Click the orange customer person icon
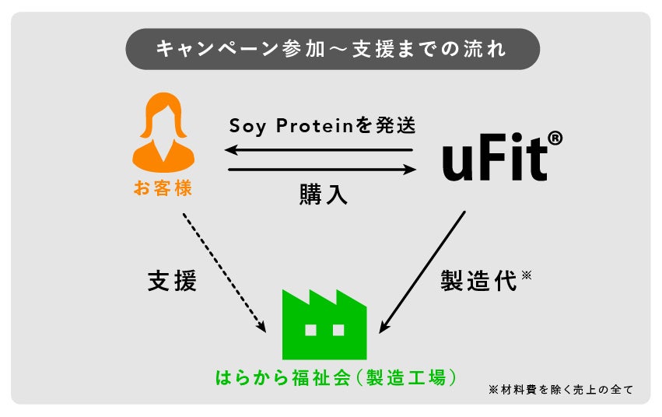pos(163,134)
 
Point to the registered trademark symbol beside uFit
pos(554,138)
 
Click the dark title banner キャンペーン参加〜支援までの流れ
pos(332,49)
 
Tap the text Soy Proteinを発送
pos(322,125)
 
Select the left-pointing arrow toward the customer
pos(319,150)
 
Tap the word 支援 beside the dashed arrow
pos(172,281)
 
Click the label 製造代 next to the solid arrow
pos(478,281)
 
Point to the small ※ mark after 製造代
pos(527,274)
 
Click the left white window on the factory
pos(311,330)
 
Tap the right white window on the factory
pos(338,330)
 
